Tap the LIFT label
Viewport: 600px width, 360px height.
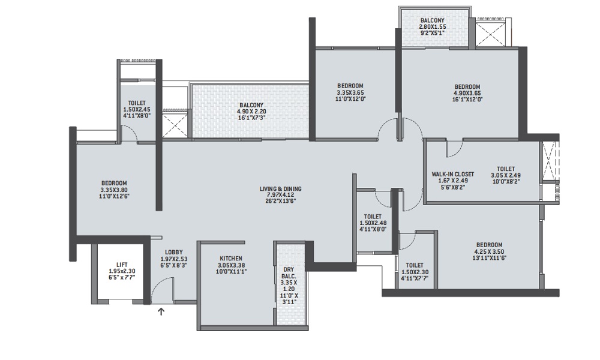[122, 264]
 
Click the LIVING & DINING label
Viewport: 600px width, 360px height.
[280, 189]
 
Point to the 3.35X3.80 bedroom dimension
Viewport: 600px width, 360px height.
[113, 190]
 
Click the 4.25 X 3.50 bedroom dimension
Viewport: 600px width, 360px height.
[489, 252]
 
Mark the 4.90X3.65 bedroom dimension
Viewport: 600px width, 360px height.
[467, 93]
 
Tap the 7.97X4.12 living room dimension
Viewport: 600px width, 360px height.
[280, 195]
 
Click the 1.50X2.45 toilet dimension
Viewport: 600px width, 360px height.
[136, 110]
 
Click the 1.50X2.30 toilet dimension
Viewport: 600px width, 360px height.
[415, 271]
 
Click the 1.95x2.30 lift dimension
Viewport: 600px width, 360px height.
[122, 271]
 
